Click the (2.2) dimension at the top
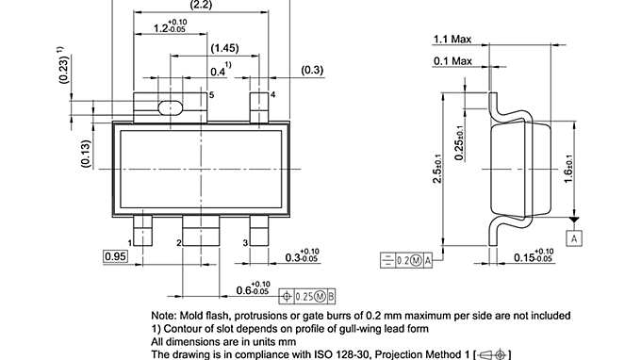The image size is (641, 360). (201, 6)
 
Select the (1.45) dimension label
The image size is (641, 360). (224, 47)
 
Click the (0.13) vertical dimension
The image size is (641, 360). (86, 154)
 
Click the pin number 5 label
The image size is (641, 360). (211, 95)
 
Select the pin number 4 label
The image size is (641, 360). (272, 95)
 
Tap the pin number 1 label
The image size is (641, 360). (130, 243)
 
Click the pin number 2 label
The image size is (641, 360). (178, 243)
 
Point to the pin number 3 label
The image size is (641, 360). (245, 243)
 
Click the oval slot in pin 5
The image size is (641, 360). (170, 106)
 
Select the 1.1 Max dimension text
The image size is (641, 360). (452, 39)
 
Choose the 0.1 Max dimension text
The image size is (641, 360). (452, 60)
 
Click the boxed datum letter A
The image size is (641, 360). (573, 238)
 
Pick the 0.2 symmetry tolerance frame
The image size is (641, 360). (405, 259)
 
